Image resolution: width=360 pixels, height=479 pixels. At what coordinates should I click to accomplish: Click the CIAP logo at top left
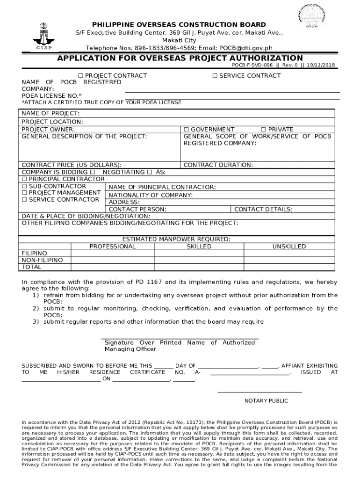(43, 36)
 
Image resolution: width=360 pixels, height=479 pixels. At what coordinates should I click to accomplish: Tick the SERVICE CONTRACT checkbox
(215, 76)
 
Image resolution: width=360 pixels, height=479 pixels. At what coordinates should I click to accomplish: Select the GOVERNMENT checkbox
(186, 130)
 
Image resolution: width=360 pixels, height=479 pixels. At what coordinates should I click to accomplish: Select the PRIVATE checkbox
(263, 130)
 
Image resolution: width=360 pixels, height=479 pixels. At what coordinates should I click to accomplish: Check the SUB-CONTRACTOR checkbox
(25, 186)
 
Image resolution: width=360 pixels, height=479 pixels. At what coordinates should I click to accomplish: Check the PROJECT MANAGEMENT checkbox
(25, 193)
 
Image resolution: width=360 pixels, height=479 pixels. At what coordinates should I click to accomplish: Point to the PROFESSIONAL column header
(113, 247)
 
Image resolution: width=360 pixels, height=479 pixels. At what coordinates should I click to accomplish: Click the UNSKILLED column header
(289, 247)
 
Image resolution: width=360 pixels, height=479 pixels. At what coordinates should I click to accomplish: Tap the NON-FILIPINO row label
(42, 260)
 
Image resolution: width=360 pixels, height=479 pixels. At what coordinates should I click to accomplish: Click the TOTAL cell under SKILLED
(199, 267)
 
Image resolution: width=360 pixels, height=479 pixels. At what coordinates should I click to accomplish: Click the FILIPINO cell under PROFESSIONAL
(113, 253)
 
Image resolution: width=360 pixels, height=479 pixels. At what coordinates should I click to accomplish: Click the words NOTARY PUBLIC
(266, 401)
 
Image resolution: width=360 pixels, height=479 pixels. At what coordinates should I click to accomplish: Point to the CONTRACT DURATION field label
(218, 165)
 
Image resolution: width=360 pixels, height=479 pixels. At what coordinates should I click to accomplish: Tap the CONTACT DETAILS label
(263, 210)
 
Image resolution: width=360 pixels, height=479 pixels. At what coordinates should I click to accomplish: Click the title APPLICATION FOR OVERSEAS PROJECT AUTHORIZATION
(180, 58)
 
